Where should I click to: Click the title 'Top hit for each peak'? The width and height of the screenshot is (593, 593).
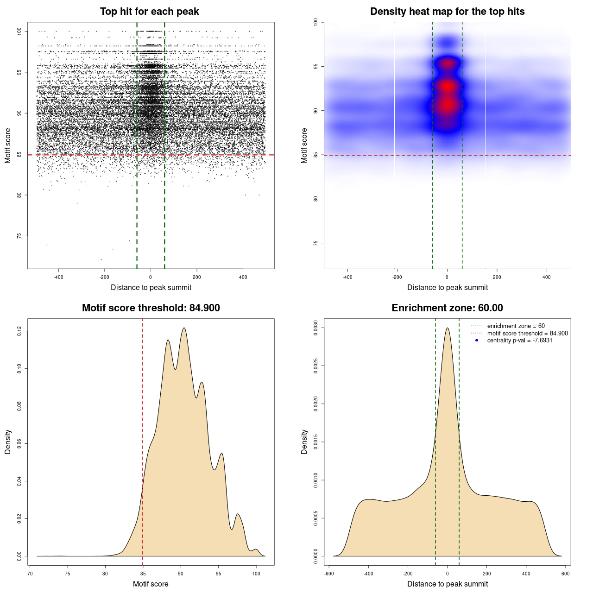click(150, 12)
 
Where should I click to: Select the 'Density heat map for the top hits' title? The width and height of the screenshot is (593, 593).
click(447, 12)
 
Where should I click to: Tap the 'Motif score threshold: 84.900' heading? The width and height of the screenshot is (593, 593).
click(151, 308)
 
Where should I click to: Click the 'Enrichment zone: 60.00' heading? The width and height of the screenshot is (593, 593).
click(447, 308)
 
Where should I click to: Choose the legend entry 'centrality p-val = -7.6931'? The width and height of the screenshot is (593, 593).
click(519, 341)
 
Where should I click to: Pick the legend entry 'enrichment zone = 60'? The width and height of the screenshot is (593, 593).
click(516, 326)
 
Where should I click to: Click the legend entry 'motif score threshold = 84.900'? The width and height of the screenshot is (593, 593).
click(527, 334)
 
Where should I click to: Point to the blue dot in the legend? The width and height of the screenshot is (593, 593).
click(477, 341)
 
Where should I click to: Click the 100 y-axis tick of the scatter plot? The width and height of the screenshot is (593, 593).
click(19, 31)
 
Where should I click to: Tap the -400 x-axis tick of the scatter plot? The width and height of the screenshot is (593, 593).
click(58, 277)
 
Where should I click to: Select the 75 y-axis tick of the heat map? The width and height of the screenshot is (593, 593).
click(315, 243)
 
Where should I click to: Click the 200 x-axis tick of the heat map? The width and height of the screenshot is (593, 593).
click(497, 277)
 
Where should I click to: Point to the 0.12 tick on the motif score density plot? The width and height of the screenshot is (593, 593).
click(19, 331)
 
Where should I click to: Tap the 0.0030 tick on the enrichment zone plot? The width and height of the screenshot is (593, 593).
click(315, 328)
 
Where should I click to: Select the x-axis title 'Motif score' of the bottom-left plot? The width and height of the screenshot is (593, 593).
click(151, 584)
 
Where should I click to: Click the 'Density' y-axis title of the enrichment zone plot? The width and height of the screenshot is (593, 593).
click(304, 442)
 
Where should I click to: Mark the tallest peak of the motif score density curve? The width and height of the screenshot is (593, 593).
click(184, 328)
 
